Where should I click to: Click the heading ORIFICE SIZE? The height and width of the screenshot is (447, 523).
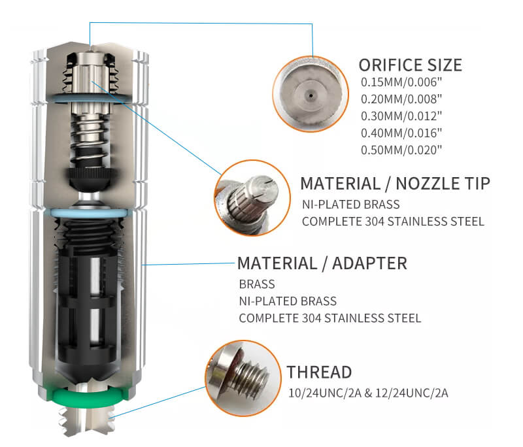411,65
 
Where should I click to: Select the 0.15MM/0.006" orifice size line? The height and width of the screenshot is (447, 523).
401,82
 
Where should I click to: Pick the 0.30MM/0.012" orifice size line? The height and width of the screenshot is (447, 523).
401,116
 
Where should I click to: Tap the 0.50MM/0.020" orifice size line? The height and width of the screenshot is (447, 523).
401,150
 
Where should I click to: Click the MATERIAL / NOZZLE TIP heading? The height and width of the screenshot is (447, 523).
396,184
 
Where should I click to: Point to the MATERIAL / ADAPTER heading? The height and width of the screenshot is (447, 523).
322,263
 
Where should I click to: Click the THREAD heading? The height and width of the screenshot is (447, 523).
319,372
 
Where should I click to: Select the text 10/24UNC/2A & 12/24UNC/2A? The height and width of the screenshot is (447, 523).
368,393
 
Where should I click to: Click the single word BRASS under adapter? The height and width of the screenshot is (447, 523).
257,284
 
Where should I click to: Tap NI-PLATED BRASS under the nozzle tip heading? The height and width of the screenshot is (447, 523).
351,205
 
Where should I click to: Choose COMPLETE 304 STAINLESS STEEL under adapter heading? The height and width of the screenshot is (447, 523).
330,318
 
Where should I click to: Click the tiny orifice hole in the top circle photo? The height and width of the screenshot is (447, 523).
311,95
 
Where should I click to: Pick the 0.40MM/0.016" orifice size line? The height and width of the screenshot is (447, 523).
401,133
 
